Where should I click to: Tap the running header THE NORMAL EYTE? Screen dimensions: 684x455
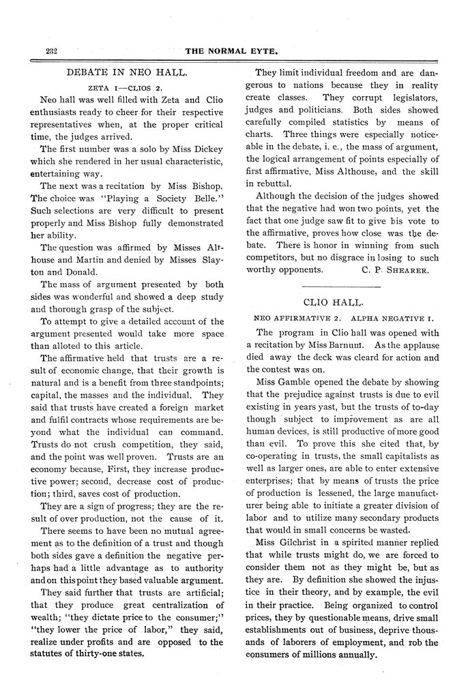pyautogui.click(x=233, y=51)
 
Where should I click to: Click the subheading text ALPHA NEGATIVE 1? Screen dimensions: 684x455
pyautogui.click(x=392, y=318)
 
